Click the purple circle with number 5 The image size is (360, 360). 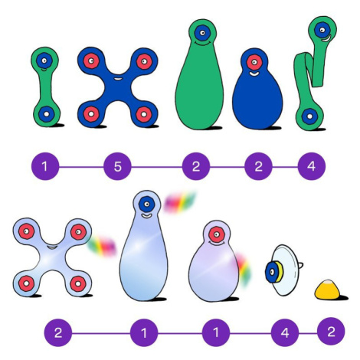(x=117, y=166)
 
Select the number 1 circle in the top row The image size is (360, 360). (x=45, y=166)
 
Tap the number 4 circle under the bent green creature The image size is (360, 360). (x=312, y=166)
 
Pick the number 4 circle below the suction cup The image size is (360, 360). (x=285, y=332)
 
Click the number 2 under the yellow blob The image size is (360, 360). (x=331, y=332)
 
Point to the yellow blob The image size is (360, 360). (x=327, y=290)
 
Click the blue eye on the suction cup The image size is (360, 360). (x=272, y=272)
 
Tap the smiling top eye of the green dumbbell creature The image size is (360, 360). (x=44, y=61)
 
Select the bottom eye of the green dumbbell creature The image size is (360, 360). (x=46, y=113)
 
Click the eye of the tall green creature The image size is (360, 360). (x=202, y=33)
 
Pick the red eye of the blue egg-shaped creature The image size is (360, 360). (x=254, y=62)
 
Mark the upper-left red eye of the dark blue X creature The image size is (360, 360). (x=91, y=61)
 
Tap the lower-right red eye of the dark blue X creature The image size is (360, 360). (x=143, y=114)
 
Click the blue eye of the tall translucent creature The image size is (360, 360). (x=147, y=205)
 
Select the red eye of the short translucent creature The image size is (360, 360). (x=217, y=234)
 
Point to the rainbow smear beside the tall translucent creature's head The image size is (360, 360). (x=179, y=202)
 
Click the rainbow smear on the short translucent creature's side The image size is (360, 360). (x=244, y=270)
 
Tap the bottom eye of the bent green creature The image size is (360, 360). (x=309, y=116)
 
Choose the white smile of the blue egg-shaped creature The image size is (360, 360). (x=254, y=74)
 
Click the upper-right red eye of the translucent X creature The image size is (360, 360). (x=78, y=232)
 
